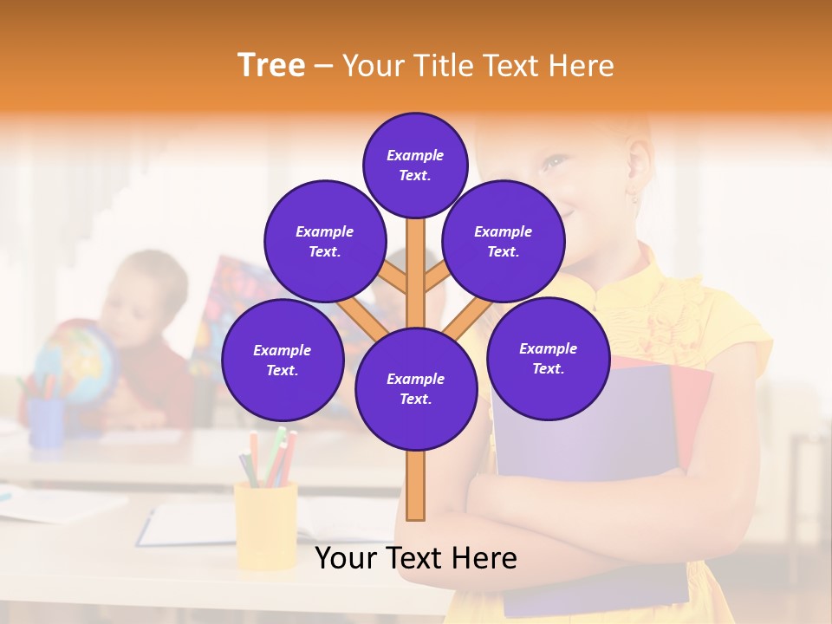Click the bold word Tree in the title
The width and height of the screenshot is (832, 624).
point(271,65)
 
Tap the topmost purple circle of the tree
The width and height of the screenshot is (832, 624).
point(415,165)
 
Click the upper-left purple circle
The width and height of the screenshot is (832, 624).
point(324,241)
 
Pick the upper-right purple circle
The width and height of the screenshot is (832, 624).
point(503,241)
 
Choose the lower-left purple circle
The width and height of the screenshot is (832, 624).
point(282,360)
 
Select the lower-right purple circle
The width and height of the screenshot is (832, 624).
point(548,358)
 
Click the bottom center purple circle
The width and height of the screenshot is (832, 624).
point(415,388)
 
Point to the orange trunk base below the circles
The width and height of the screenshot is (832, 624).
point(415,490)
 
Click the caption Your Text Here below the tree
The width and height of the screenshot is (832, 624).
point(415,558)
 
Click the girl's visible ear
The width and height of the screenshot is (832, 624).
point(640,173)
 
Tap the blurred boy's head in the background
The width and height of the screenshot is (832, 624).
point(152,290)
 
